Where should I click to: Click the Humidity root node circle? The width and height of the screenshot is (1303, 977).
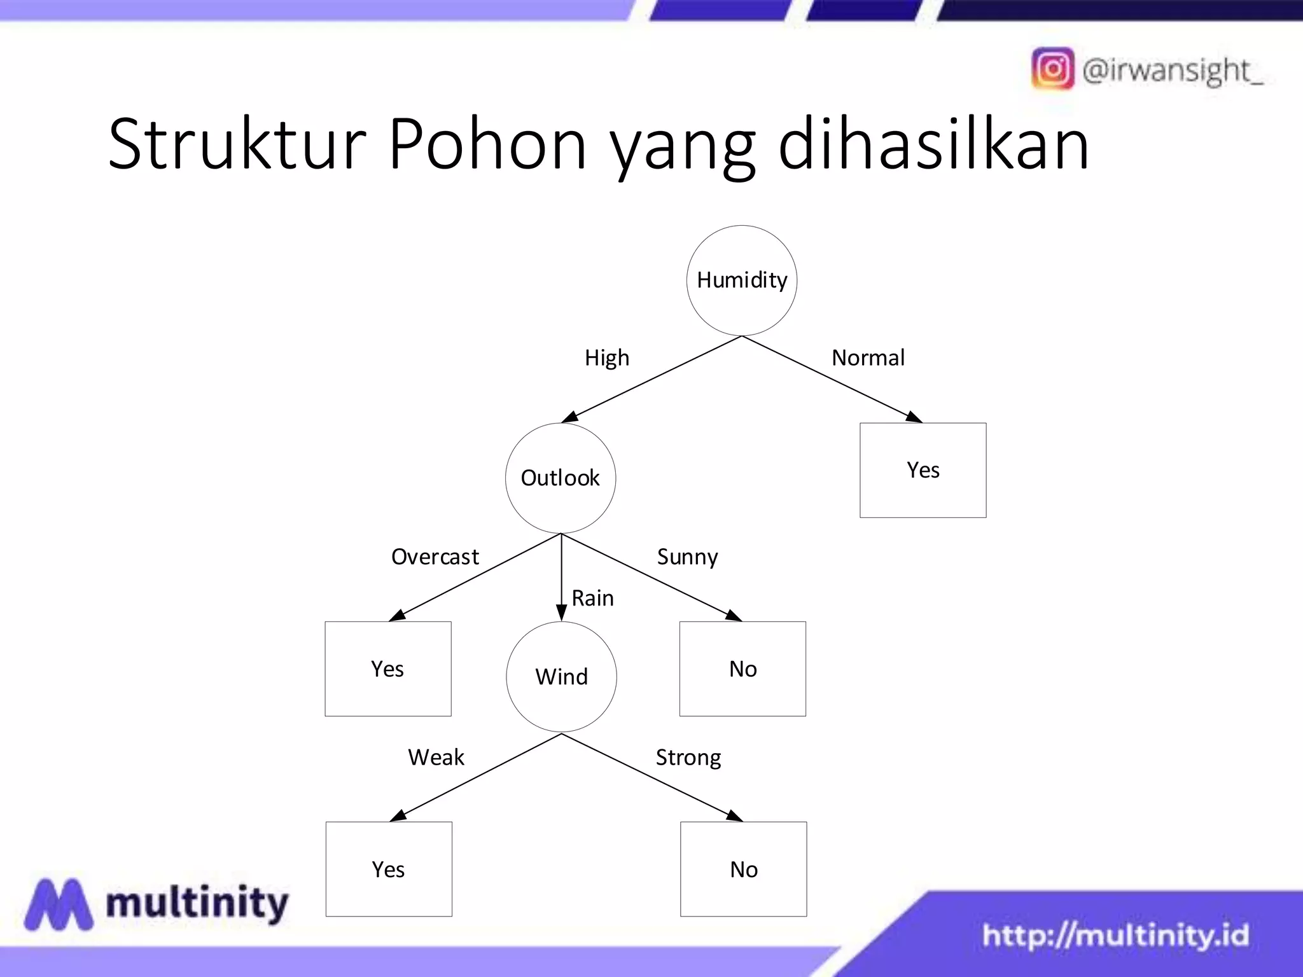click(x=742, y=281)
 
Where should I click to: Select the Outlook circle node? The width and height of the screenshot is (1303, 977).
click(x=561, y=478)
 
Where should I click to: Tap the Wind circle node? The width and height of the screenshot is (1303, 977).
click(x=561, y=677)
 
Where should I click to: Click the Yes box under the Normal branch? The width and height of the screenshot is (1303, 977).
click(x=923, y=470)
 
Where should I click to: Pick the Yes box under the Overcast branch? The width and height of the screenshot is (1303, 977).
click(x=388, y=669)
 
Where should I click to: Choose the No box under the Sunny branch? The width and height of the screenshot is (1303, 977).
click(x=742, y=669)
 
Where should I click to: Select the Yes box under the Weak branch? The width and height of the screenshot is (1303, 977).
click(x=389, y=869)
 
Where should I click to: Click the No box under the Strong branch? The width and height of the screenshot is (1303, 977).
click(x=744, y=869)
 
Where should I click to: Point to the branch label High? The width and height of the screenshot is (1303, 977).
click(x=607, y=358)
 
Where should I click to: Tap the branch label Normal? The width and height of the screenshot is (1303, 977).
click(x=868, y=358)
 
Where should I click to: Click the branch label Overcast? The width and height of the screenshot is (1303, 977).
click(x=435, y=557)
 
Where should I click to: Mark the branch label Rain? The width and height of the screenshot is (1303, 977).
click(x=593, y=599)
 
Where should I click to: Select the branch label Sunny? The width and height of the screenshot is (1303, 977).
click(x=687, y=557)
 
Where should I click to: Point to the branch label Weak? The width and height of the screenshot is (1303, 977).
click(x=436, y=758)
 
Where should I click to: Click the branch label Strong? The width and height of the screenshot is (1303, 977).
click(x=688, y=758)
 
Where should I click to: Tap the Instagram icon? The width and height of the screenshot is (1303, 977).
click(x=1052, y=69)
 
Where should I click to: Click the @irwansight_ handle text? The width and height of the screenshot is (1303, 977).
click(x=1172, y=70)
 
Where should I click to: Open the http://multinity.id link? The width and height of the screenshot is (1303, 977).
click(x=1115, y=935)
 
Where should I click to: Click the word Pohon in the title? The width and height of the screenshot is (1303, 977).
click(x=487, y=145)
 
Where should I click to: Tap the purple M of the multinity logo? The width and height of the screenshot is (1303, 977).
click(x=59, y=904)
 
